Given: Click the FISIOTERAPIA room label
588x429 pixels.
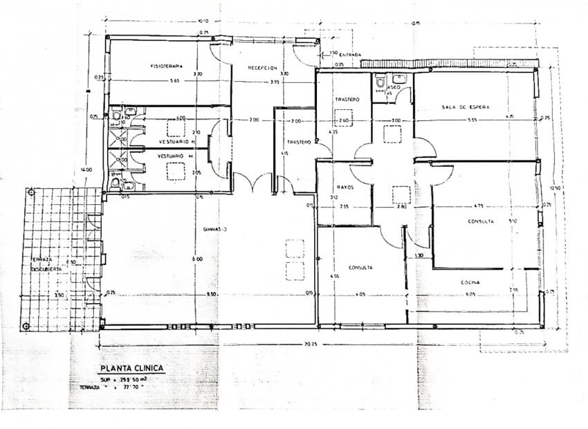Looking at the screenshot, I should point(167,66).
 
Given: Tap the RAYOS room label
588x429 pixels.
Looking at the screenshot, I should point(345,187).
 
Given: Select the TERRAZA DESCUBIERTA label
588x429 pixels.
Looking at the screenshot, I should point(42,264).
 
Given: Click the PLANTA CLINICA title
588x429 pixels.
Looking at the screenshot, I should point(131,368).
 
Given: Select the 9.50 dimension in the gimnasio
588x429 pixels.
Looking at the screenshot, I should point(211,294).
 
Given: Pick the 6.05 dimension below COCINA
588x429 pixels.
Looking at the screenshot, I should point(470,294).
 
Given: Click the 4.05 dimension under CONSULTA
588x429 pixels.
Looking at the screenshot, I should point(360,294).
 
